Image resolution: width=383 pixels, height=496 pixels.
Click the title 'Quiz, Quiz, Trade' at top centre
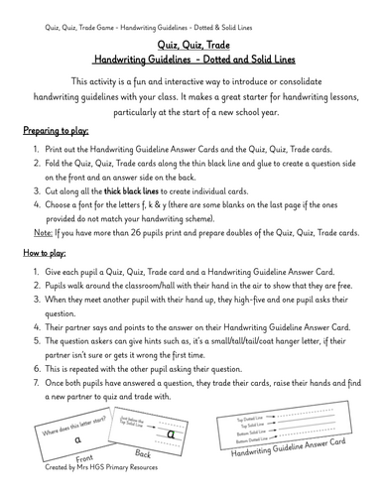pos(191,47)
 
